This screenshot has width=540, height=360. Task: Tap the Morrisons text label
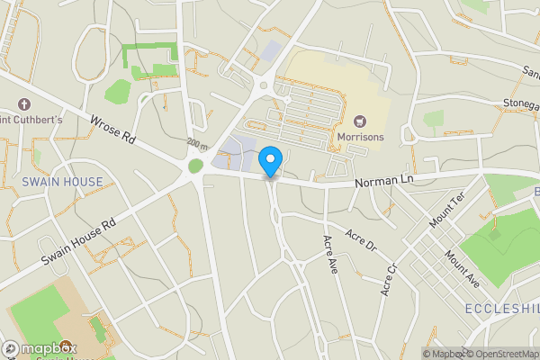pos(360,137)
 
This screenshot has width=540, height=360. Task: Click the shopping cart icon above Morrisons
pos(360,121)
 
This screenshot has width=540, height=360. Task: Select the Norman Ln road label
pos(382,182)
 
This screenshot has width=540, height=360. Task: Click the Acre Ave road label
pos(328,255)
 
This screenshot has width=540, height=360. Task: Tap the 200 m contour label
pos(197,144)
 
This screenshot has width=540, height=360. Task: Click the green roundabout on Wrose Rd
pos(195,166)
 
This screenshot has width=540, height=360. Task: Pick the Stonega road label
pos(521,103)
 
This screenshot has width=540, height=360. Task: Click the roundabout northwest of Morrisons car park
pos(264,86)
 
